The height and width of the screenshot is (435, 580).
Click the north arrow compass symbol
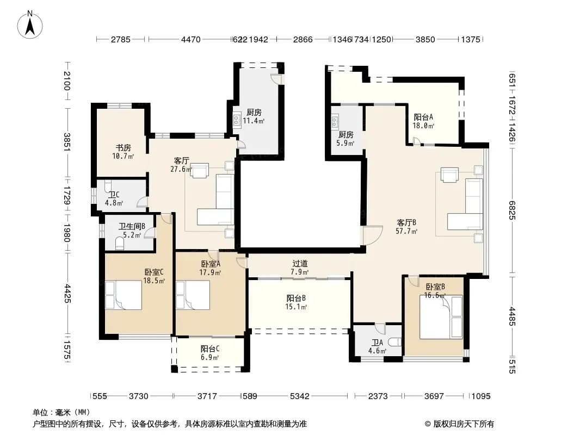pyautogui.click(x=30, y=25)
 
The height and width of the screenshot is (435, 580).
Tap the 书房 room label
pyautogui.click(x=123, y=147)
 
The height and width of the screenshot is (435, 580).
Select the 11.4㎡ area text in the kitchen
pyautogui.click(x=254, y=121)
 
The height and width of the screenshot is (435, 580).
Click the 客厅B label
pyautogui.click(x=406, y=222)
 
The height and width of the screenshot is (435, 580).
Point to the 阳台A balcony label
pyautogui.click(x=423, y=117)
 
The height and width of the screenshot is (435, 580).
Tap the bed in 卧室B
pyautogui.click(x=441, y=316)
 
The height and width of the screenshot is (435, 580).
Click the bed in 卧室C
pyautogui.click(x=124, y=295)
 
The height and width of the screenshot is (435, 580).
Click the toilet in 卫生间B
pyautogui.click(x=120, y=243)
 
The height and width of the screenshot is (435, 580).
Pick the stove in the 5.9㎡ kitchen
pyautogui.click(x=335, y=122)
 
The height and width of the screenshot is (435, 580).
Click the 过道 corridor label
pyautogui.click(x=300, y=264)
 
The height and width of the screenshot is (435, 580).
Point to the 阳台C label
pyautogui.click(x=210, y=349)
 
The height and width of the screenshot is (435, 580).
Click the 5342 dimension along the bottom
pyautogui.click(x=300, y=396)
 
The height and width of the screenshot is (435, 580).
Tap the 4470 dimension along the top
pyautogui.click(x=191, y=39)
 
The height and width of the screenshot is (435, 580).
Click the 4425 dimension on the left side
pyautogui.click(x=67, y=294)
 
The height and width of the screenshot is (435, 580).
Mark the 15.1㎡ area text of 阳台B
pyautogui.click(x=296, y=307)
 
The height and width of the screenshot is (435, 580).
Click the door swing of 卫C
pyautogui.click(x=143, y=202)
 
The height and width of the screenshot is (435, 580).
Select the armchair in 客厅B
pyautogui.click(x=449, y=175)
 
